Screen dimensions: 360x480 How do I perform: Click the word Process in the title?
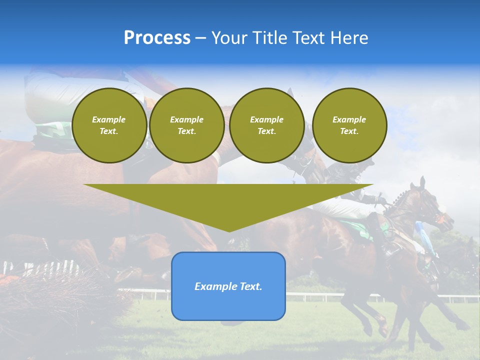[157, 37]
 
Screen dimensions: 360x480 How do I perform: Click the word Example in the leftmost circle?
[109, 119]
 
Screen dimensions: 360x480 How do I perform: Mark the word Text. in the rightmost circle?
[349, 131]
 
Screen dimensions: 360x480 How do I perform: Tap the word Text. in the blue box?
[250, 286]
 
